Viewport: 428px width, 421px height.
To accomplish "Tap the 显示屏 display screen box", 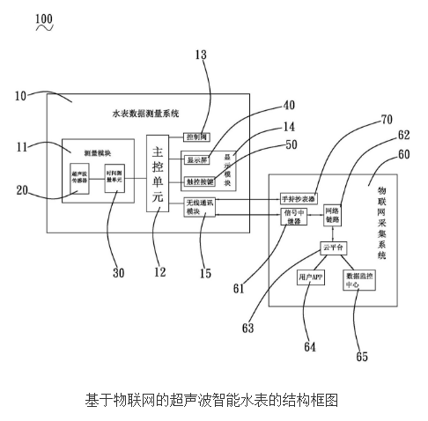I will (x=197, y=160).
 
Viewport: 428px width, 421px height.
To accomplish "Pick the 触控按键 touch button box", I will (x=201, y=181).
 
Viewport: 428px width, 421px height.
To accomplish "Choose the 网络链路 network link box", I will (x=333, y=217).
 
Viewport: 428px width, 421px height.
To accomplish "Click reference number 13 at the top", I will (x=201, y=55).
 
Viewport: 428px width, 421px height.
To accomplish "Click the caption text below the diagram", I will (x=213, y=399).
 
